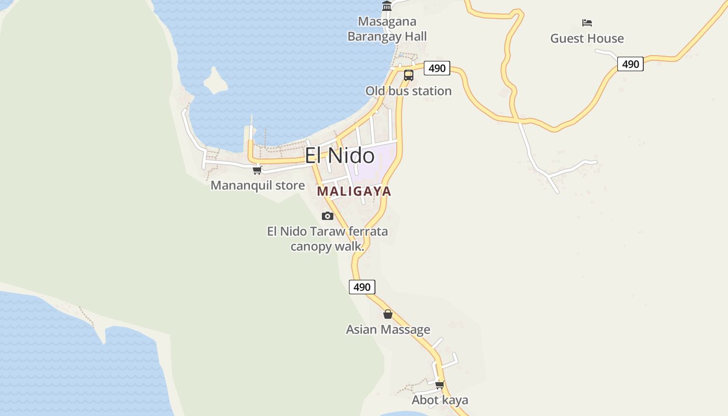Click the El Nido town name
click(339, 155)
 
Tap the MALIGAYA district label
click(354, 191)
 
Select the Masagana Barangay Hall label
click(387, 29)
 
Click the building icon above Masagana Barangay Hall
click(387, 6)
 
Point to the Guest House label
click(587, 38)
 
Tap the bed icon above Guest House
click(587, 23)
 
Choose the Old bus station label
click(408, 91)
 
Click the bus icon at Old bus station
click(409, 75)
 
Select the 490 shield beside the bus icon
click(437, 68)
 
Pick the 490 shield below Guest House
click(630, 64)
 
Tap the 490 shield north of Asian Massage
click(362, 287)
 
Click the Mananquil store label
click(257, 186)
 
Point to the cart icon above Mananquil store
click(257, 170)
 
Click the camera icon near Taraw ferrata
click(328, 216)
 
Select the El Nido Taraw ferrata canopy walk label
click(328, 239)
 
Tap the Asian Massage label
click(388, 330)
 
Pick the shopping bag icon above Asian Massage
click(388, 314)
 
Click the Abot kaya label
click(440, 400)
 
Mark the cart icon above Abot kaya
click(440, 385)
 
